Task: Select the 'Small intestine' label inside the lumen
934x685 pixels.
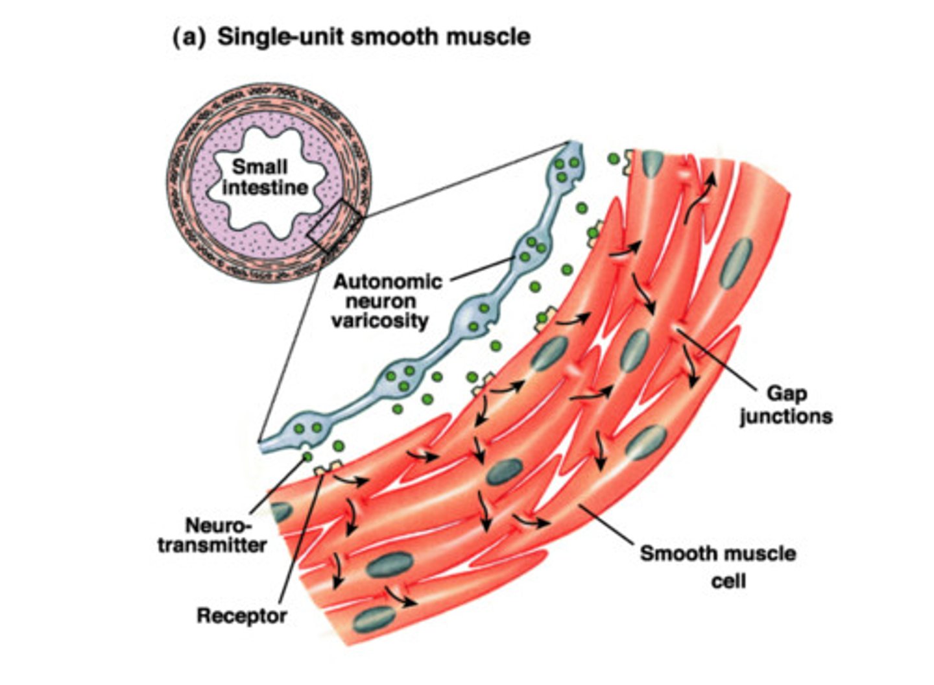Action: (x=265, y=177)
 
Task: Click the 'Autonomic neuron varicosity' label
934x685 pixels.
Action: (x=387, y=301)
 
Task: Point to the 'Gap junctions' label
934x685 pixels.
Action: (x=785, y=404)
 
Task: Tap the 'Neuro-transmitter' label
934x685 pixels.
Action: (x=212, y=535)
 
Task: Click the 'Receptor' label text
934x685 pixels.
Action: (x=241, y=615)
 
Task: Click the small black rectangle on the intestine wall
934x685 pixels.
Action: (x=335, y=226)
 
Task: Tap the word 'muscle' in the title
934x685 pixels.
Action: (x=489, y=36)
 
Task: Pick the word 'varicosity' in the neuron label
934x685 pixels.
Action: (x=380, y=320)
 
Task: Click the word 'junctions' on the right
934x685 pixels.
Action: (x=785, y=416)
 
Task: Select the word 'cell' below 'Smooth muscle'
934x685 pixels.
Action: (x=728, y=580)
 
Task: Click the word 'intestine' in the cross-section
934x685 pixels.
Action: (x=265, y=187)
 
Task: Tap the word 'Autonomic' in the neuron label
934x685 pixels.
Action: (x=388, y=282)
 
